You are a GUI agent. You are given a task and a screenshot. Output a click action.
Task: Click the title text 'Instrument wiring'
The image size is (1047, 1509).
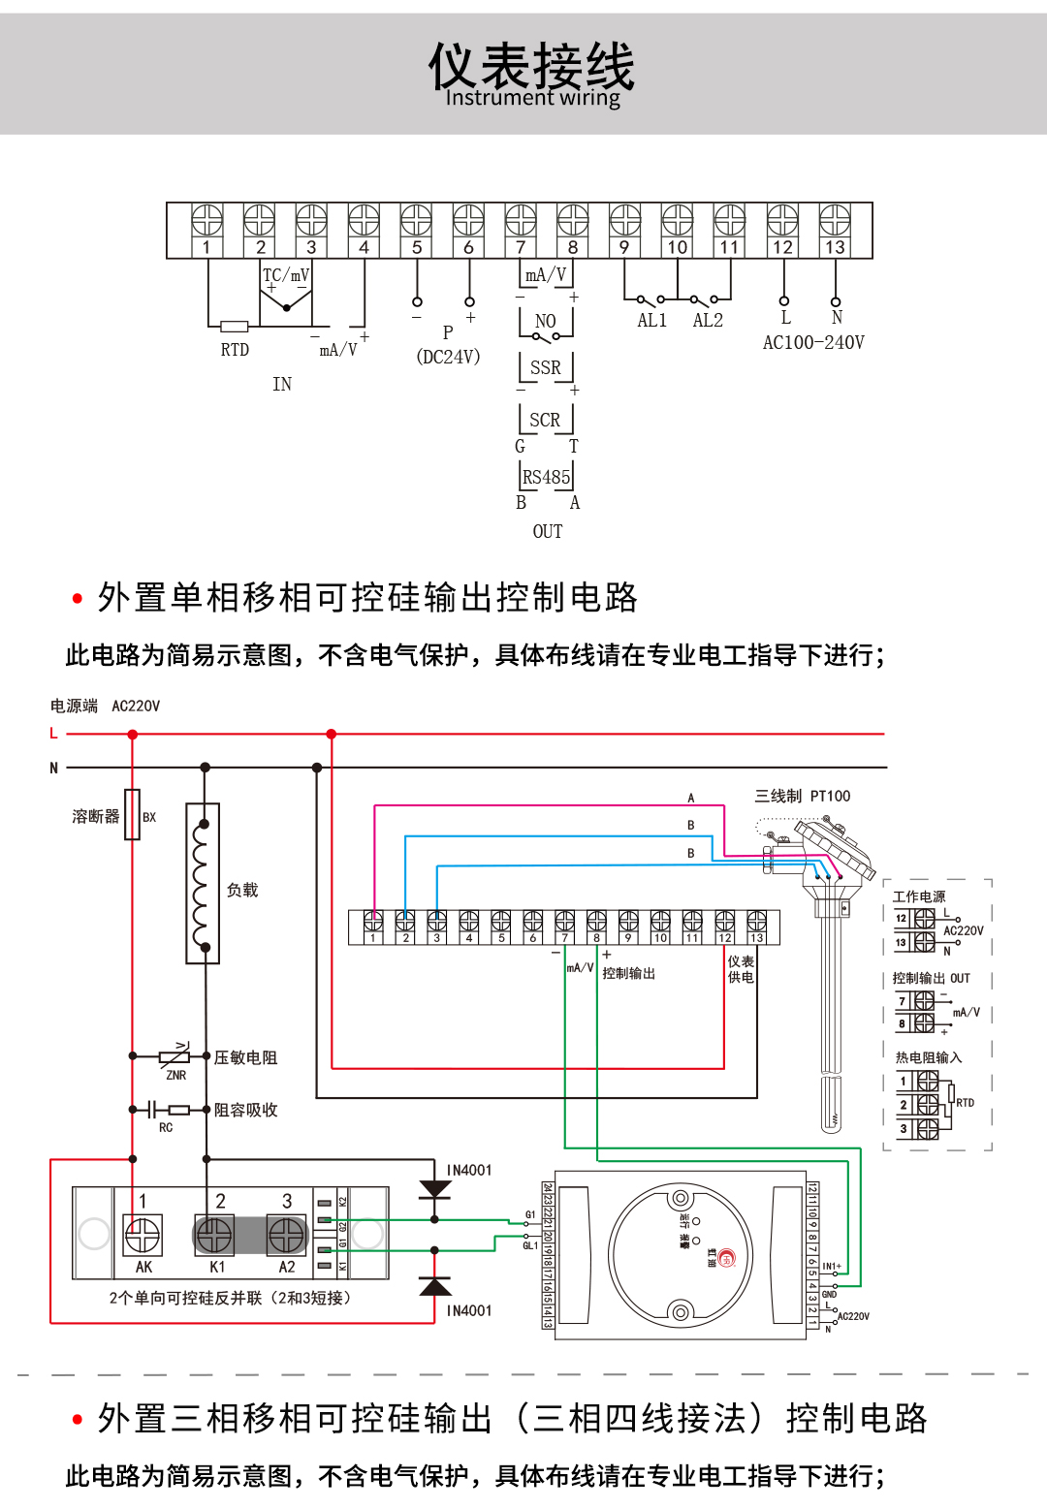(532, 98)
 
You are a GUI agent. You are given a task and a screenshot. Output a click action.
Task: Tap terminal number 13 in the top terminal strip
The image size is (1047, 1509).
(835, 247)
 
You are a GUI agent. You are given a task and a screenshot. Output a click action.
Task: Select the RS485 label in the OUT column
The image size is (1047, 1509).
(546, 477)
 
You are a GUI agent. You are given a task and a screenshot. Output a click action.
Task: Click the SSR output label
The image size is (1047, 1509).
(545, 368)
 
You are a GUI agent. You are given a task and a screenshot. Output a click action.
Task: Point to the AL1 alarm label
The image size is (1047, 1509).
(651, 321)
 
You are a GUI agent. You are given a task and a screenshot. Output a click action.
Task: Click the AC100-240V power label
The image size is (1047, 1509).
(812, 343)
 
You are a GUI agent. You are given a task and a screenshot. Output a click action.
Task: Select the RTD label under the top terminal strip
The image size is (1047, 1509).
(235, 350)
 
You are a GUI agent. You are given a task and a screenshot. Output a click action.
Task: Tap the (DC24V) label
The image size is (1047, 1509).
(448, 357)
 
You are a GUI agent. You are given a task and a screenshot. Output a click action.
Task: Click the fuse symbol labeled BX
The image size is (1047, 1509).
(133, 814)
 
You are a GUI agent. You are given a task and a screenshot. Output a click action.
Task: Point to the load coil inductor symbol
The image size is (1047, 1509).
(203, 884)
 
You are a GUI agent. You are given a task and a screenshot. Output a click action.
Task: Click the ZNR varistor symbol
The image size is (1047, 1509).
(174, 1055)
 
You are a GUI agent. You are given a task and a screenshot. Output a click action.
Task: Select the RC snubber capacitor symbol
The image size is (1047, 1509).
(152, 1110)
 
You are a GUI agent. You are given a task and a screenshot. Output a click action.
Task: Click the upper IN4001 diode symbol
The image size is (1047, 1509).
(434, 1190)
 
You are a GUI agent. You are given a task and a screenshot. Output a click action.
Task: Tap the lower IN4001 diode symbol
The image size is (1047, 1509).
(434, 1287)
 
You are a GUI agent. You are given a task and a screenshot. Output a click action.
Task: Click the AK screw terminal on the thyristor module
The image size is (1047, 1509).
(143, 1236)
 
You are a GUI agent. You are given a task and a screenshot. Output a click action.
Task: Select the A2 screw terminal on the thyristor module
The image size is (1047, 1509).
(287, 1236)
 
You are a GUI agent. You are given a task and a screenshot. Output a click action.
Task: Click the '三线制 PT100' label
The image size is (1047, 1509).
(802, 797)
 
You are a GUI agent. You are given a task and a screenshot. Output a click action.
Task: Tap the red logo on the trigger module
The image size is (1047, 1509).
(727, 1258)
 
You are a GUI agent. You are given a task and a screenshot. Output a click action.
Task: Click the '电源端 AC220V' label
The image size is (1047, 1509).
(105, 707)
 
